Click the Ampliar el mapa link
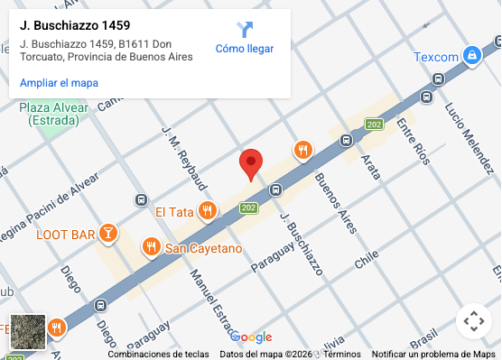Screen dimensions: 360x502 59,83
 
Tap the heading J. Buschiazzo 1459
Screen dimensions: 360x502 74,25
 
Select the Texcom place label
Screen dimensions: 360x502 436,57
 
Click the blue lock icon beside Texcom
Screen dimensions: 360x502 471,56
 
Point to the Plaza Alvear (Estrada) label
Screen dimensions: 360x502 54,114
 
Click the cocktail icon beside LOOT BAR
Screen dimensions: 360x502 108,235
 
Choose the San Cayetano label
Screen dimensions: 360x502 203,248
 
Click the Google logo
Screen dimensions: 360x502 251,337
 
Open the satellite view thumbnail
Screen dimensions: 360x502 27,331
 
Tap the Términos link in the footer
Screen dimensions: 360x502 342,355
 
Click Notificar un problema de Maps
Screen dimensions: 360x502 433,355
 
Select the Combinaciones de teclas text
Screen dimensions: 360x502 159,355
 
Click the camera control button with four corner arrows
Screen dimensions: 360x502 474,321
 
